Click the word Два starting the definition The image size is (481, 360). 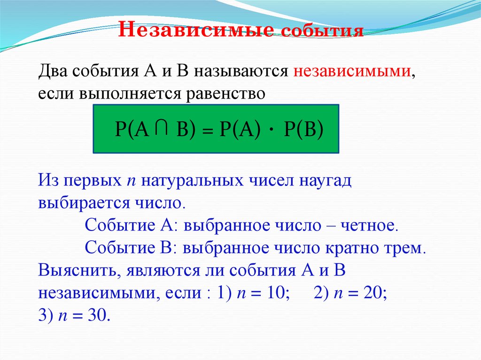click(x=53, y=73)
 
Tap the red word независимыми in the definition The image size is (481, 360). click(x=352, y=73)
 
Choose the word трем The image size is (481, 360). click(x=403, y=247)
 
